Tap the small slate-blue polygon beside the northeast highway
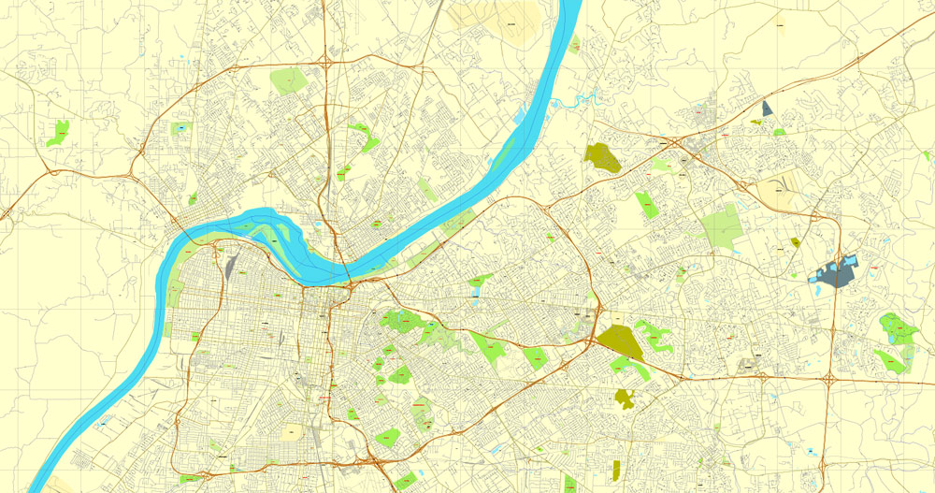pyautogui.click(x=767, y=109)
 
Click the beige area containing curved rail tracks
pyautogui.click(x=775, y=194)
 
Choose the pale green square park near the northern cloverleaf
pyautogui.click(x=289, y=80)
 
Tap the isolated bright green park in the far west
pyautogui.click(x=59, y=132)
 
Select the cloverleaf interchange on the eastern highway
pyautogui.click(x=829, y=380)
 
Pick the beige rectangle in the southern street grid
pyautogui.click(x=293, y=432)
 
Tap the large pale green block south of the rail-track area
pyautogui.click(x=720, y=227)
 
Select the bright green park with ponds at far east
pyautogui.click(x=896, y=327)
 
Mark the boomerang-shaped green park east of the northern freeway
pyautogui.click(x=367, y=138)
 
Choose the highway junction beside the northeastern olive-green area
pyautogui.click(x=673, y=141)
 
